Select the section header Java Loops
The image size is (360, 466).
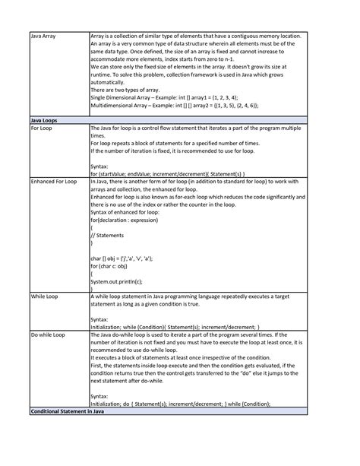[x=45, y=120]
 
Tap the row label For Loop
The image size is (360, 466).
[x=41, y=129]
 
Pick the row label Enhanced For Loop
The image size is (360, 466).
[x=53, y=182]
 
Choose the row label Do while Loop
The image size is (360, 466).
[x=47, y=335]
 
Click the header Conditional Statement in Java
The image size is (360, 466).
[x=67, y=411]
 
